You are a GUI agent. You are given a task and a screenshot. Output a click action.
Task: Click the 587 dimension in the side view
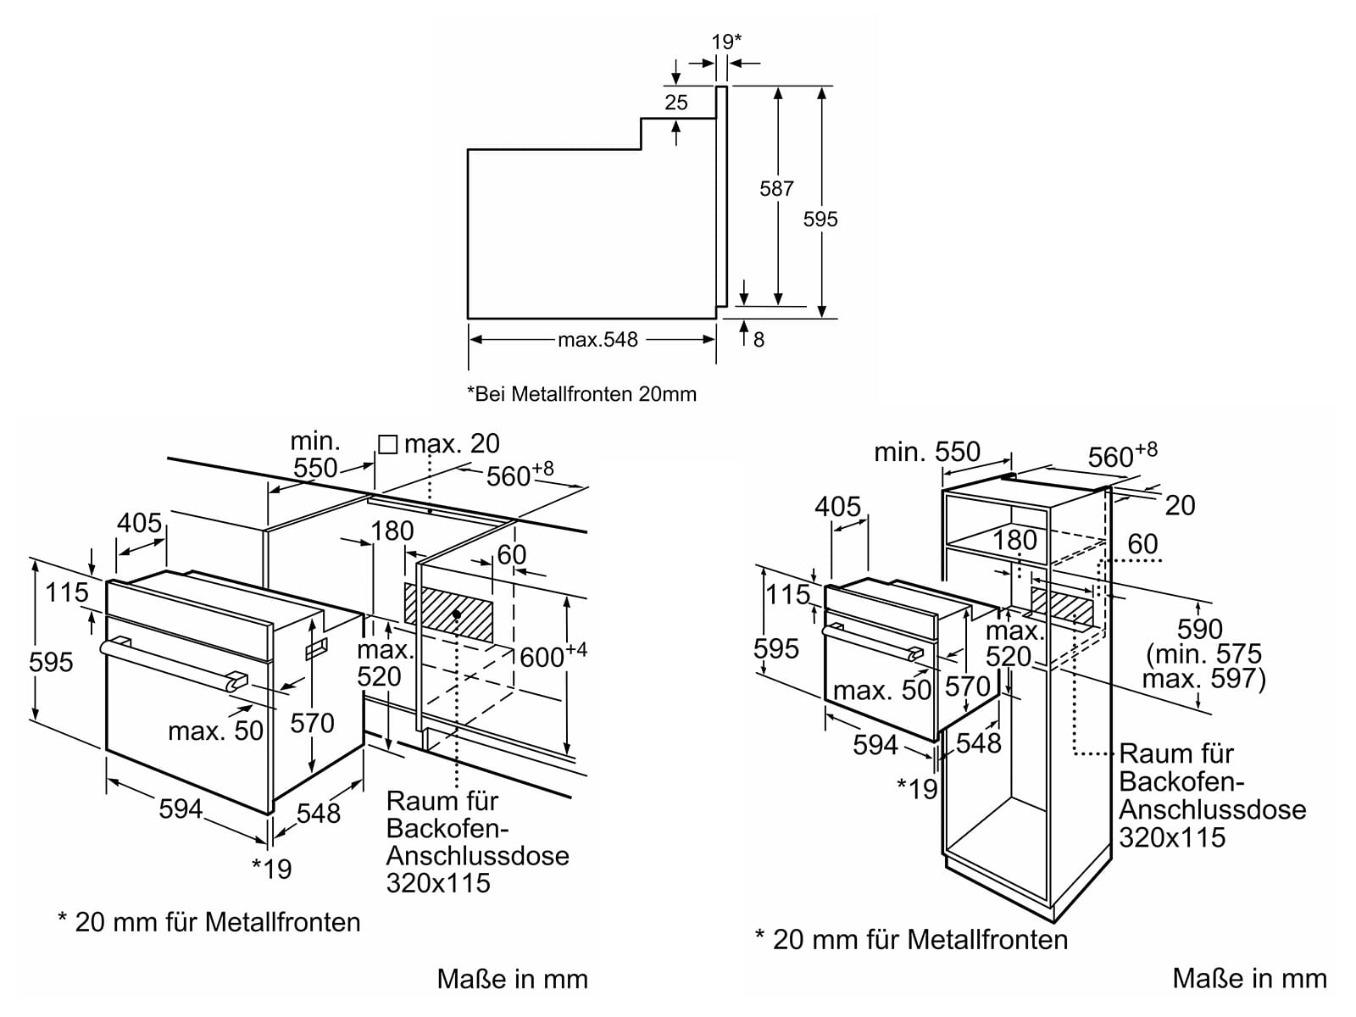776,189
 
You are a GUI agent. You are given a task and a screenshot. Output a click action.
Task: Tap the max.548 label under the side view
597,340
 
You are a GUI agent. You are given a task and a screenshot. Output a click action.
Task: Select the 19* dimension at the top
726,42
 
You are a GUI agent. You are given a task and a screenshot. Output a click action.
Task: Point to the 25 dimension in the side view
676,103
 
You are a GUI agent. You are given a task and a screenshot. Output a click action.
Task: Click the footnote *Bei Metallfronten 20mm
581,394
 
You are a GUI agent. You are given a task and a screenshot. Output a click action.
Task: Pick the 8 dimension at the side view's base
759,340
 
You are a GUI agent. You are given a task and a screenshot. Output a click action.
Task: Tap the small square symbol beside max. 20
387,444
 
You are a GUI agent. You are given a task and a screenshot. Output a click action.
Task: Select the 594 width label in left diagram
181,809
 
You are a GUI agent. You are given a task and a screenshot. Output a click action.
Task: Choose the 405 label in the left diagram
139,523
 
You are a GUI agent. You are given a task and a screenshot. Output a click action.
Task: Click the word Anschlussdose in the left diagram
477,855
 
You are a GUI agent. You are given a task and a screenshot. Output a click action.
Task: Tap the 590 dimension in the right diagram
1200,629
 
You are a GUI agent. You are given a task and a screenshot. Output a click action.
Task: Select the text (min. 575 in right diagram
1203,654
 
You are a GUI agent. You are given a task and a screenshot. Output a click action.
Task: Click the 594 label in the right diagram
875,745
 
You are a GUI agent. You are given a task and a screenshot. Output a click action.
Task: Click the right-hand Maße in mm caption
1249,979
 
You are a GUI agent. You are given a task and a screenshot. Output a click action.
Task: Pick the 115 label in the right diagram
788,594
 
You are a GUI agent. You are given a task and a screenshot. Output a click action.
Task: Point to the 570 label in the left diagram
313,723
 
